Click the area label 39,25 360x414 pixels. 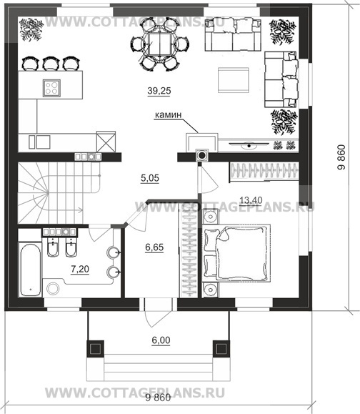pyautogui.click(x=159, y=91)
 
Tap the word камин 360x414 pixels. pyautogui.click(x=168, y=115)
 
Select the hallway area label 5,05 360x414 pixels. pyautogui.click(x=150, y=178)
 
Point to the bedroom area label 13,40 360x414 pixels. pyautogui.click(x=251, y=200)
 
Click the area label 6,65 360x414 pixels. pyautogui.click(x=154, y=247)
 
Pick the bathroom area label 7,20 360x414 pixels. pyautogui.click(x=80, y=269)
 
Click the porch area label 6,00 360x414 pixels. pyautogui.click(x=161, y=340)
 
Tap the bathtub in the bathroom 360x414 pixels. pyautogui.click(x=30, y=270)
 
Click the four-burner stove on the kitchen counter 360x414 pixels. pyautogui.click(x=51, y=88)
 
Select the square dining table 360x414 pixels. pyautogui.click(x=159, y=44)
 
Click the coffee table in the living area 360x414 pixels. pyautogui.click(x=234, y=80)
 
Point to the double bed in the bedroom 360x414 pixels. pyautogui.click(x=236, y=252)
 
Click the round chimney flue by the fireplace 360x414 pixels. pyautogui.click(x=201, y=155)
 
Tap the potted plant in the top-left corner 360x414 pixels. pyautogui.click(x=31, y=29)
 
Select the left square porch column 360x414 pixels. pyautogui.click(x=95, y=349)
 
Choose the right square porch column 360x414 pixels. pyautogui.click(x=221, y=349)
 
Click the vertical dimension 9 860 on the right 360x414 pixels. pyautogui.click(x=341, y=157)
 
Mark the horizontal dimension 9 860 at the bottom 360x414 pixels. pyautogui.click(x=158, y=398)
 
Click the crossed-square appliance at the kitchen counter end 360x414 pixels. pyautogui.click(x=106, y=142)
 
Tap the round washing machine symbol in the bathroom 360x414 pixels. pyautogui.click(x=53, y=289)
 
